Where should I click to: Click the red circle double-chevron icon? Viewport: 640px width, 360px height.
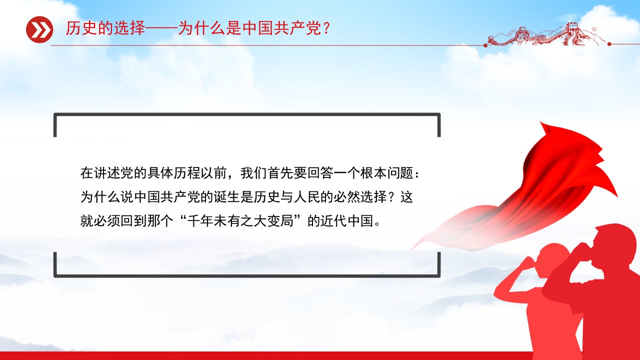[39, 29]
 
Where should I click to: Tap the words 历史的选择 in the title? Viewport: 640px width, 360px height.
[105, 28]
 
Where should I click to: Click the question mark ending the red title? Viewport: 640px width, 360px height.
[327, 28]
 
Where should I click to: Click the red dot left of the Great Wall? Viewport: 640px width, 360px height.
[485, 45]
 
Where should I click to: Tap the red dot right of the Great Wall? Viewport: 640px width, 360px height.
[609, 44]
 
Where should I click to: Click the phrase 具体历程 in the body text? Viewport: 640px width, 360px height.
[173, 172]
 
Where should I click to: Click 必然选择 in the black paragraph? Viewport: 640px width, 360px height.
[360, 197]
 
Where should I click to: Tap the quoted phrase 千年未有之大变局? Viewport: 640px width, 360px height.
[240, 221]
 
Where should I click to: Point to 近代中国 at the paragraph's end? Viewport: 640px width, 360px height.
[347, 221]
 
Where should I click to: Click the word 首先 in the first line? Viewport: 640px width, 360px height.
[280, 172]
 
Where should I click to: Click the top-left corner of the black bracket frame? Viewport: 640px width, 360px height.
[55, 114]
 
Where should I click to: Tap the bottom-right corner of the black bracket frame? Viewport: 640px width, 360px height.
[439, 276]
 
